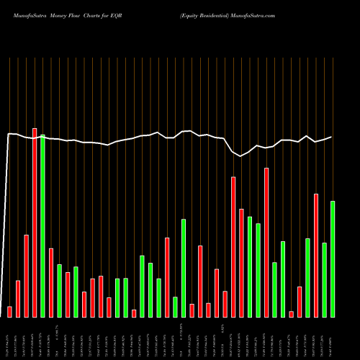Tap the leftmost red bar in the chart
pos(9,312)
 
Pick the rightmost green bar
pos(333,259)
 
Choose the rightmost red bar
pos(316,256)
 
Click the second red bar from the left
pos(18,299)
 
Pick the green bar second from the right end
pos(324,280)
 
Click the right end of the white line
pos(332,137)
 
